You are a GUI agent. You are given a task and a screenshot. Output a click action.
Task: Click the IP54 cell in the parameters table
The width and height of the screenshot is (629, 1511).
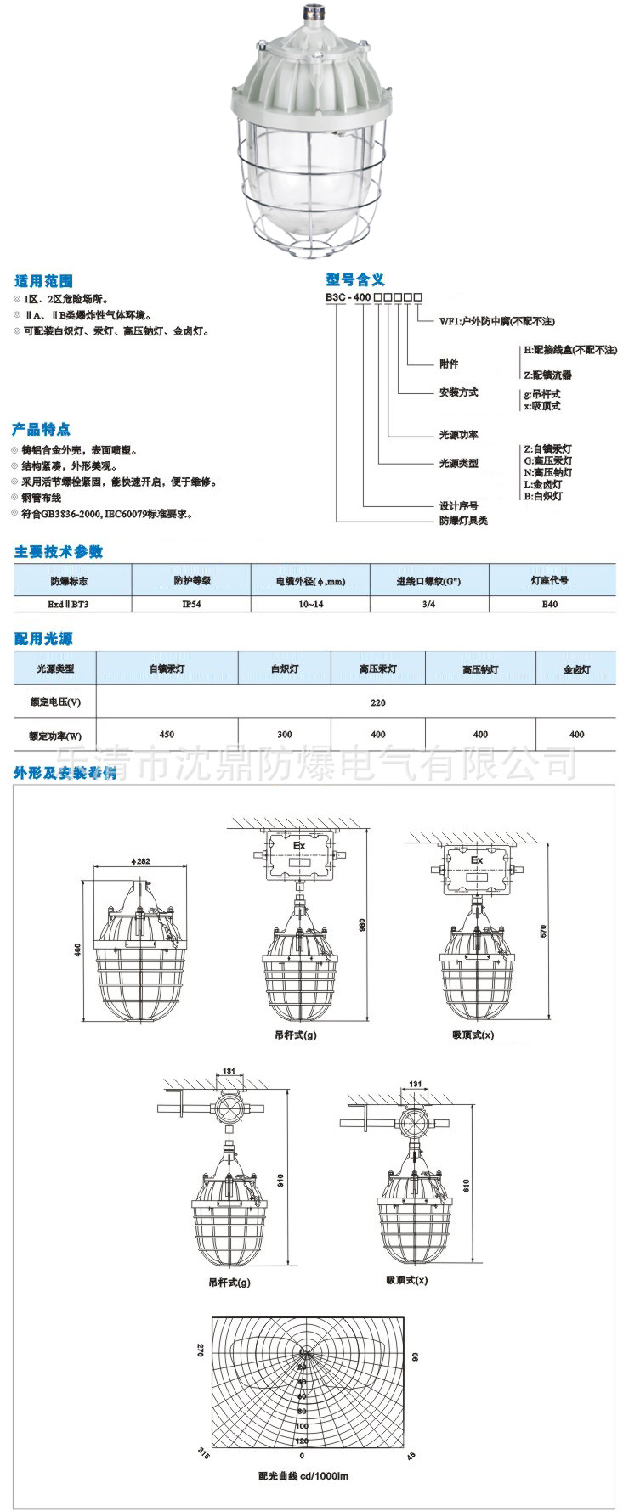pyautogui.click(x=190, y=605)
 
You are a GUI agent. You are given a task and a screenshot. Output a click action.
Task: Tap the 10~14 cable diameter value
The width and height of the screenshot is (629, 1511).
pyautogui.click(x=310, y=605)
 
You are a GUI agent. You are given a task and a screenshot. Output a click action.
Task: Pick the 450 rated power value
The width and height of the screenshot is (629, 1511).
pyautogui.click(x=167, y=735)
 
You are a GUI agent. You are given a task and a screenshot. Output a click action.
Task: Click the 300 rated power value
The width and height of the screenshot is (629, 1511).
pyautogui.click(x=284, y=735)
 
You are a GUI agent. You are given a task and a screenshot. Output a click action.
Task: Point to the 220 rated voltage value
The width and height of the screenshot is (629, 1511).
pyautogui.click(x=378, y=702)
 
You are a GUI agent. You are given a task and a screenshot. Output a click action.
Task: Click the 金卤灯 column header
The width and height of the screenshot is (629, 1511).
pyautogui.click(x=576, y=669)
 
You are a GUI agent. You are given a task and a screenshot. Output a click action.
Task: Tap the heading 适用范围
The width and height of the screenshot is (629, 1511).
pyautogui.click(x=43, y=281)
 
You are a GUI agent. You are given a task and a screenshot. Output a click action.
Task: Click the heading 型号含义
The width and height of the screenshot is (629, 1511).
pyautogui.click(x=355, y=279)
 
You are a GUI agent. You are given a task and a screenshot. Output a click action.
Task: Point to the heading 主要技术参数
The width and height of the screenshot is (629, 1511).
pyautogui.click(x=59, y=552)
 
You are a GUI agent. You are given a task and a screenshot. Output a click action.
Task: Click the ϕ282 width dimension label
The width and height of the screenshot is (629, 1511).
pyautogui.click(x=140, y=862)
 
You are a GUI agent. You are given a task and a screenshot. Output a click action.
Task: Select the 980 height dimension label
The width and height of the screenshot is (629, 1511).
pyautogui.click(x=362, y=924)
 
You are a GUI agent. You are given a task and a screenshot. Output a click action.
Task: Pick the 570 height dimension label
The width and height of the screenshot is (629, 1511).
pyautogui.click(x=543, y=931)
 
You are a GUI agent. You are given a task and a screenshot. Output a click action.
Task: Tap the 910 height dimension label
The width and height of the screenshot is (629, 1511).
pyautogui.click(x=280, y=1180)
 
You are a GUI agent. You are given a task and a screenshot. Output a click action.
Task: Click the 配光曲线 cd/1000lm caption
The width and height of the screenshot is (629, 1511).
pyautogui.click(x=303, y=1476)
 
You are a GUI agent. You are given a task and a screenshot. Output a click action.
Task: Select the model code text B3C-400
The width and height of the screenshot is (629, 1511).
pyautogui.click(x=348, y=298)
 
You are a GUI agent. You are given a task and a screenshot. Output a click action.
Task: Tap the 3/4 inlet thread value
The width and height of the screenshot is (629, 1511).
pyautogui.click(x=428, y=605)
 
